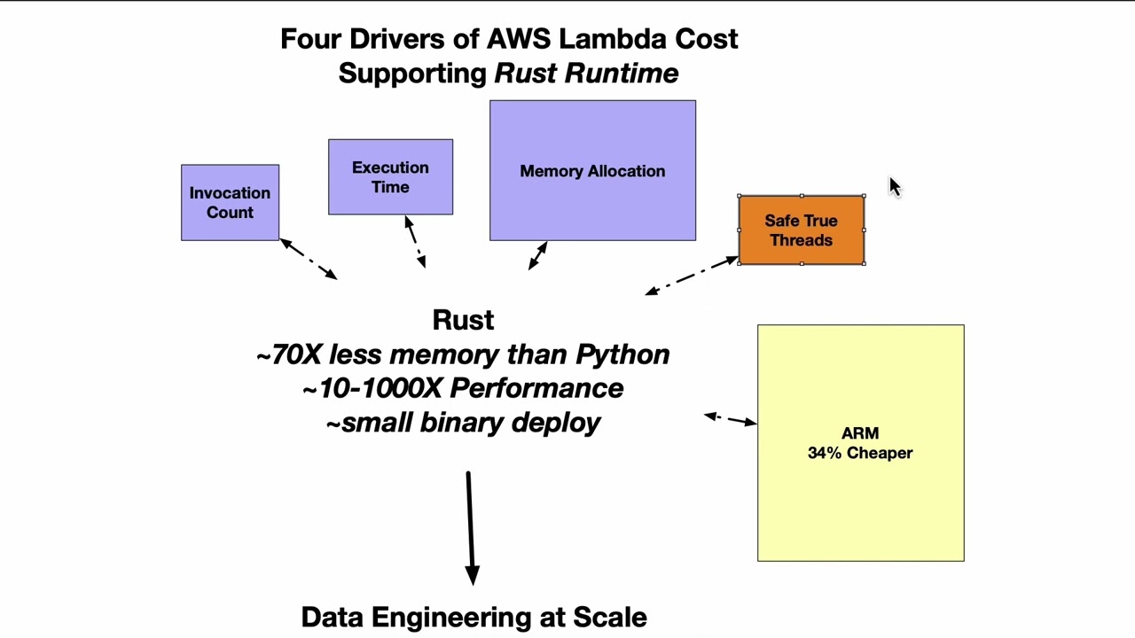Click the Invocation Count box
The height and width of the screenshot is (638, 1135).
coord(230,203)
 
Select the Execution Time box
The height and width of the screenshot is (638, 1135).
coord(390,177)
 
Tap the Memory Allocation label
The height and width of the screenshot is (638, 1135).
coord(592,171)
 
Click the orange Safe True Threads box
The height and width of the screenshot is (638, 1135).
coord(801,230)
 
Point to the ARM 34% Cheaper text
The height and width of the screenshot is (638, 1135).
coord(860,443)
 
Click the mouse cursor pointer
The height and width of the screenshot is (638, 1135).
coord(894,186)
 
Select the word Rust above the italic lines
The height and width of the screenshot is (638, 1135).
coord(463,320)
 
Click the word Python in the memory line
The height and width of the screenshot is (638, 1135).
coord(622,354)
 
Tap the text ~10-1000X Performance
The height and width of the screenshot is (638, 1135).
coord(463,388)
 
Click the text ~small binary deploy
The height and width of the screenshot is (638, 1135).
coord(463,423)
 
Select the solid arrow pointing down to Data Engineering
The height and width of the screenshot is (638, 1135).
coord(470,527)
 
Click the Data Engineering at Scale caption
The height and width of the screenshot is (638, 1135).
coord(474,617)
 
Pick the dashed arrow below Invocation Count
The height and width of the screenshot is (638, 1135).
coord(309,259)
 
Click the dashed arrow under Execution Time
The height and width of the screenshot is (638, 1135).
coord(415,241)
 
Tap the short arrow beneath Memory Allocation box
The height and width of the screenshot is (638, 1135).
coord(537,256)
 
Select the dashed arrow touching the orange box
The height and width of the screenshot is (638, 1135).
coord(692,275)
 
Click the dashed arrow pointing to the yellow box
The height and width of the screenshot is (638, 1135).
coord(730,418)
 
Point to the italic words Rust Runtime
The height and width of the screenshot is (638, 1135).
coord(586,74)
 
